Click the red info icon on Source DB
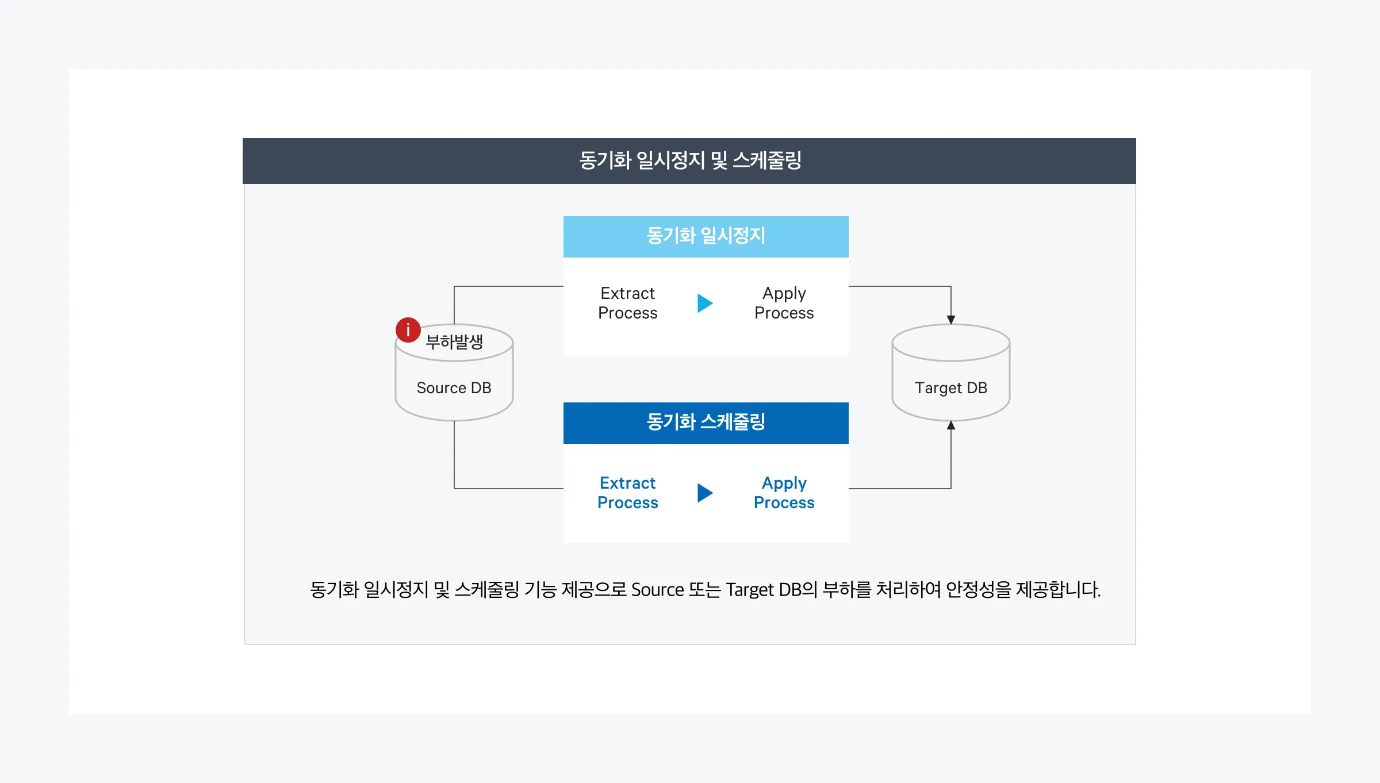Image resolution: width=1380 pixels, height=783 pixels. (x=408, y=330)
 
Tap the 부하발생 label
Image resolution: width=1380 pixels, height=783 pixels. (x=454, y=342)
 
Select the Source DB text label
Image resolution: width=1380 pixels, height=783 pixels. (x=454, y=388)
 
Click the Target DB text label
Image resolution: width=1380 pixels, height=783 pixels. (x=950, y=388)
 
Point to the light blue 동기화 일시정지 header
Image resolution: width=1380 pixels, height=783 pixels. (x=706, y=236)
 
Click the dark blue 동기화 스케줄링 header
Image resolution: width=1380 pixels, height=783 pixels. (x=706, y=423)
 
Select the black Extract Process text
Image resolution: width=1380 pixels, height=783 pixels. (x=627, y=303)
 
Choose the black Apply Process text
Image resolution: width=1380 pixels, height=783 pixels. (x=784, y=303)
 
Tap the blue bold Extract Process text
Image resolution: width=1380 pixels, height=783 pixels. (x=627, y=493)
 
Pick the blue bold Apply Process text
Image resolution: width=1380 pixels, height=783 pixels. (x=784, y=493)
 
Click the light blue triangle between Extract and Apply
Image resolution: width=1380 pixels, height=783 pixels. (x=704, y=303)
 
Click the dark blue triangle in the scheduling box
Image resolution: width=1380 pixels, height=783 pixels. (x=704, y=493)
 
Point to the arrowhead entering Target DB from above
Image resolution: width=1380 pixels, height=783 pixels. (x=950, y=320)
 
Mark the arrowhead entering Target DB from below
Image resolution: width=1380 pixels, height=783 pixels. (x=950, y=425)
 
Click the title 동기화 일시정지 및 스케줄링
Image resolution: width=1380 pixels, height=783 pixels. (x=689, y=160)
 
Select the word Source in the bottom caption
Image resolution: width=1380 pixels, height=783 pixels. (x=657, y=590)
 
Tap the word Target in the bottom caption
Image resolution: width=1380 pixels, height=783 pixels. (x=749, y=590)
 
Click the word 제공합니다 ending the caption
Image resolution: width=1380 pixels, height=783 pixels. (x=1058, y=590)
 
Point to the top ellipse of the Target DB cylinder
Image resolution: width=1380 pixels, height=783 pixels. (x=950, y=343)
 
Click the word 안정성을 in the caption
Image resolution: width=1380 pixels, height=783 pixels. (x=978, y=590)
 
